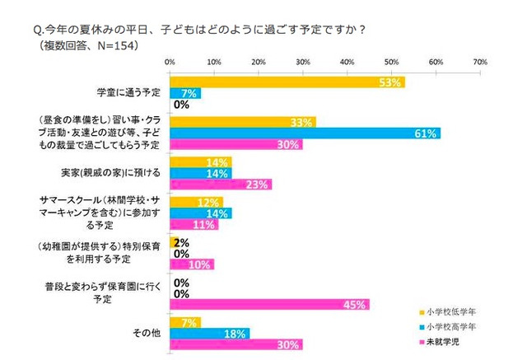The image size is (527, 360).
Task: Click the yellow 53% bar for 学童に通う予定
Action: [286, 82]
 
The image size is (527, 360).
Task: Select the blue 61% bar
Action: [304, 133]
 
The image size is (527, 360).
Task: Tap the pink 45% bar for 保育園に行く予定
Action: [268, 304]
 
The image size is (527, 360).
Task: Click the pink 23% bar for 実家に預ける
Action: [220, 184]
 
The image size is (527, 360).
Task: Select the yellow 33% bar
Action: [242, 122]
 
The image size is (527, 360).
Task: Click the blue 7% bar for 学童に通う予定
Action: [184, 93]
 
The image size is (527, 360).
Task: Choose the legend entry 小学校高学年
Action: [449, 327]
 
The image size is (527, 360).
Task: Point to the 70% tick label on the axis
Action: [480, 62]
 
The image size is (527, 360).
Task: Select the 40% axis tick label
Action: [347, 62]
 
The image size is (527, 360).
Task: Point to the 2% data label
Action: [181, 242]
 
